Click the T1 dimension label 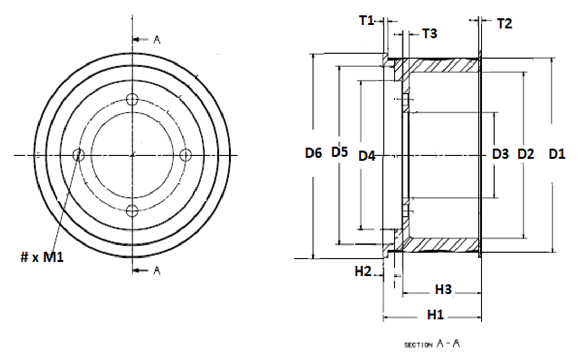pyautogui.click(x=367, y=21)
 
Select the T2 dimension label pyautogui.click(x=504, y=23)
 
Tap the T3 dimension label pyautogui.click(x=429, y=34)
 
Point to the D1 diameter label pyautogui.click(x=557, y=153)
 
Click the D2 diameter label pyautogui.click(x=526, y=153)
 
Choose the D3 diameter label pyautogui.click(x=501, y=153)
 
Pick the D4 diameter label pyautogui.click(x=367, y=156)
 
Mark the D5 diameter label pyautogui.click(x=340, y=152)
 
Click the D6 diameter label pyautogui.click(x=314, y=153)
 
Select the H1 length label pyautogui.click(x=435, y=315)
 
